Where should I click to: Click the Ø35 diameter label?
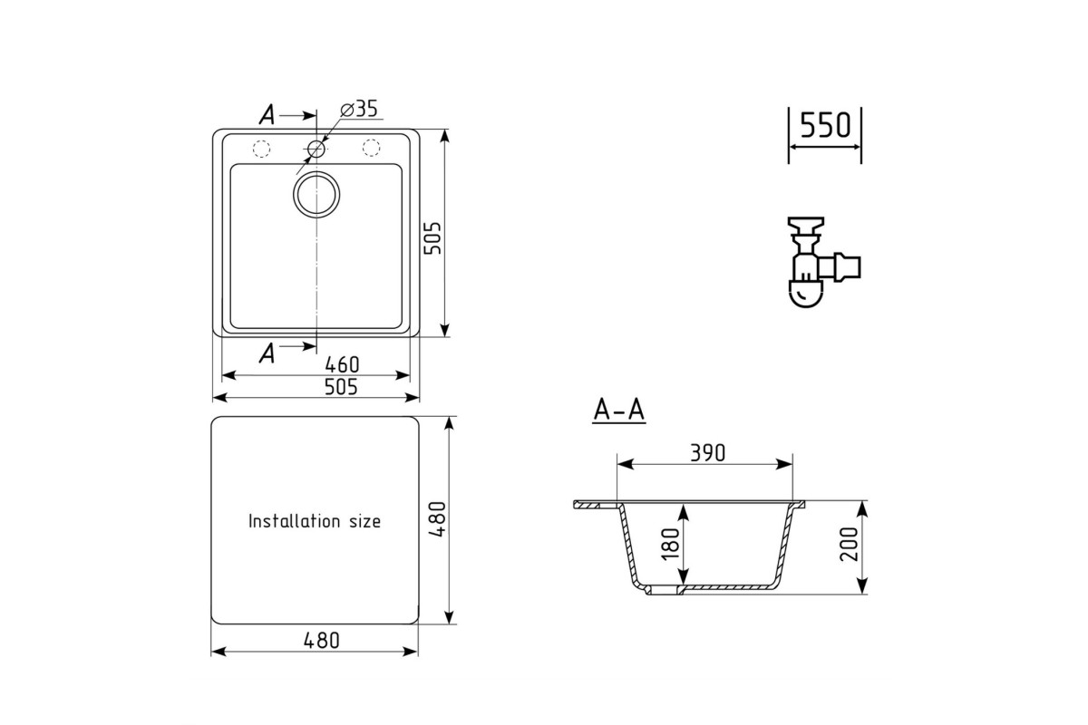(x=359, y=109)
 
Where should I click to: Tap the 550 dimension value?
(x=825, y=125)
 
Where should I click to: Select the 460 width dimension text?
(x=342, y=364)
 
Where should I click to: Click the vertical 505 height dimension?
(x=432, y=238)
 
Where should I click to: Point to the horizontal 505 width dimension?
(x=341, y=387)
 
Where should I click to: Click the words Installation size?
(x=315, y=521)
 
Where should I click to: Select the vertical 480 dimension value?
(x=438, y=519)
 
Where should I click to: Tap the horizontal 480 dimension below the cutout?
(x=321, y=641)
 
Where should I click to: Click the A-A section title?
(x=618, y=411)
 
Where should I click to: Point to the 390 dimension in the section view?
(x=708, y=453)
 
